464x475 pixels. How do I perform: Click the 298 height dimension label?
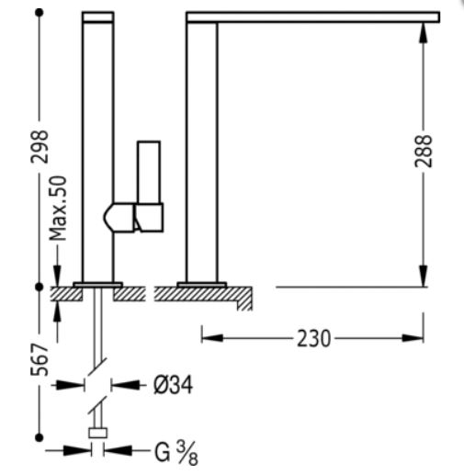tap(40, 147)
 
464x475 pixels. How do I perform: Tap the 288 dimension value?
tap(424, 151)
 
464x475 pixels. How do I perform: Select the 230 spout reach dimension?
tap(314, 338)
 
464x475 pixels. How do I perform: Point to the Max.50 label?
tap(58, 209)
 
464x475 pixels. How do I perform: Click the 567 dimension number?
tap(40, 359)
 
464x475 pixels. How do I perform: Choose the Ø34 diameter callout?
tap(173, 385)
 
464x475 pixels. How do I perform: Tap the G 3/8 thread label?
tap(176, 454)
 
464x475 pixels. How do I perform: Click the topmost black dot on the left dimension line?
tap(40, 13)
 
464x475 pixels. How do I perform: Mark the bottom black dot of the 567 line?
tap(40, 437)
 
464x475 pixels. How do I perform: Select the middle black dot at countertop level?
tap(40, 287)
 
